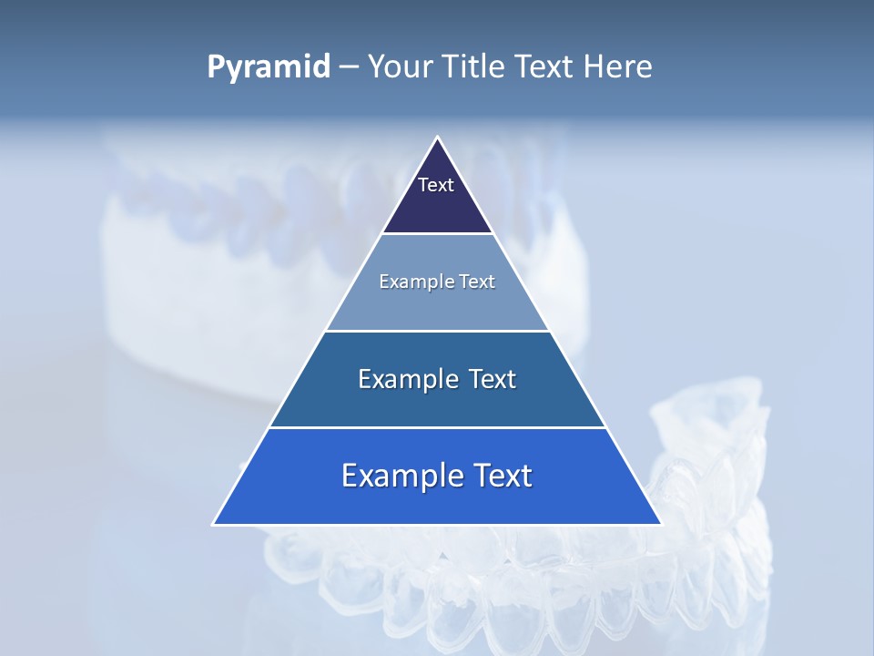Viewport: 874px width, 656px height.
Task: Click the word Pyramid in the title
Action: tap(268, 67)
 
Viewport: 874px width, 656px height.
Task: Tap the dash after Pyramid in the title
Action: tap(349, 67)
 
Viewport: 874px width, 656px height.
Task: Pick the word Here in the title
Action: tap(618, 67)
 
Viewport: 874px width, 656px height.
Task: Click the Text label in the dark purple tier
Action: tap(436, 185)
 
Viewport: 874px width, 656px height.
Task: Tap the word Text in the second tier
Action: tap(476, 282)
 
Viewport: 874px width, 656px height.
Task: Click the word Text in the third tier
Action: tap(492, 379)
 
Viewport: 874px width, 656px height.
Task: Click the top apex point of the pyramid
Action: tap(437, 138)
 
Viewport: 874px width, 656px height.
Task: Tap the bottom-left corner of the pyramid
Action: tap(214, 524)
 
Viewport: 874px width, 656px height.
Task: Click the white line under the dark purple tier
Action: tap(437, 233)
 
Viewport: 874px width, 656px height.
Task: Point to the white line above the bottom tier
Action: tap(437, 427)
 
